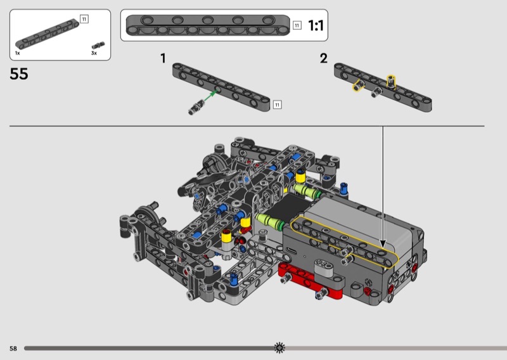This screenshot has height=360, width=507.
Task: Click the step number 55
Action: [19, 74]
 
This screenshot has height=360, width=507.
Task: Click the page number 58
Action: [13, 349]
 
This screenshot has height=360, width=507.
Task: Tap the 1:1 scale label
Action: [316, 25]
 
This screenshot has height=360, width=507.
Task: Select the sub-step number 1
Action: [164, 58]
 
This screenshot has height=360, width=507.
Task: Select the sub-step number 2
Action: [324, 58]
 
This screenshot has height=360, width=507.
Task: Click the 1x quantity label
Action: [18, 53]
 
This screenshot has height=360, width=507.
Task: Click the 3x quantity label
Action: [94, 53]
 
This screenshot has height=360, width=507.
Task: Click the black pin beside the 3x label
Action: [98, 46]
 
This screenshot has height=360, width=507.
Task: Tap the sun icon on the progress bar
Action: [279, 348]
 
